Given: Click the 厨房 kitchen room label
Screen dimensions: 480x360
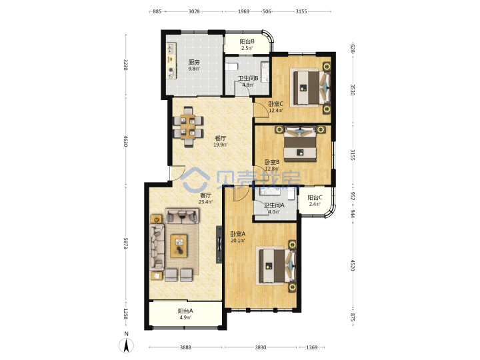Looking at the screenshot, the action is coord(194,62).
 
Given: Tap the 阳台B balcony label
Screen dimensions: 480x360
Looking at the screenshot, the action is coord(247,41).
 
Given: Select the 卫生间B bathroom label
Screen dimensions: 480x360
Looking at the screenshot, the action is coord(248,78).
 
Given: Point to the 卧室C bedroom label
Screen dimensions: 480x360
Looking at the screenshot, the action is coord(275,104).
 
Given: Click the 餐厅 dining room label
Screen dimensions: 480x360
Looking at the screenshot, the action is coord(220,139).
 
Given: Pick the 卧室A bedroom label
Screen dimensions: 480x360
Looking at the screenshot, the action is coord(238,234).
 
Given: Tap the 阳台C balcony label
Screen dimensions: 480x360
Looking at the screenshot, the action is coord(315,197).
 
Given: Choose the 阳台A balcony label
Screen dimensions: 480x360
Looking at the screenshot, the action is coord(185,311).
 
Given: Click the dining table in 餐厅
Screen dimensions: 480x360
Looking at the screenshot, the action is coord(188,127).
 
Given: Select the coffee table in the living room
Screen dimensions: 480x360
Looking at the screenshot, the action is coord(179,246).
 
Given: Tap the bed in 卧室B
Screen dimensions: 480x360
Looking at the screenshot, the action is coord(300,144).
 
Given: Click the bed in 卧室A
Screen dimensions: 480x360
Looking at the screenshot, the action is coord(277,266).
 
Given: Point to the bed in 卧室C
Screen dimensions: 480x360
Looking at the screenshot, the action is coord(312,87).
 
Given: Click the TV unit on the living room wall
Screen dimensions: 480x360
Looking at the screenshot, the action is coord(219,245).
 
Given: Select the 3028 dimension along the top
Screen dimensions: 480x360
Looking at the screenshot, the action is coord(194,11).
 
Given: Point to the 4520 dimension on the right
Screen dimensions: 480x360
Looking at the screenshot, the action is coord(353,265).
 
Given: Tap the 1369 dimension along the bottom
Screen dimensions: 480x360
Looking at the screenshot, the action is coord(311,347).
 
